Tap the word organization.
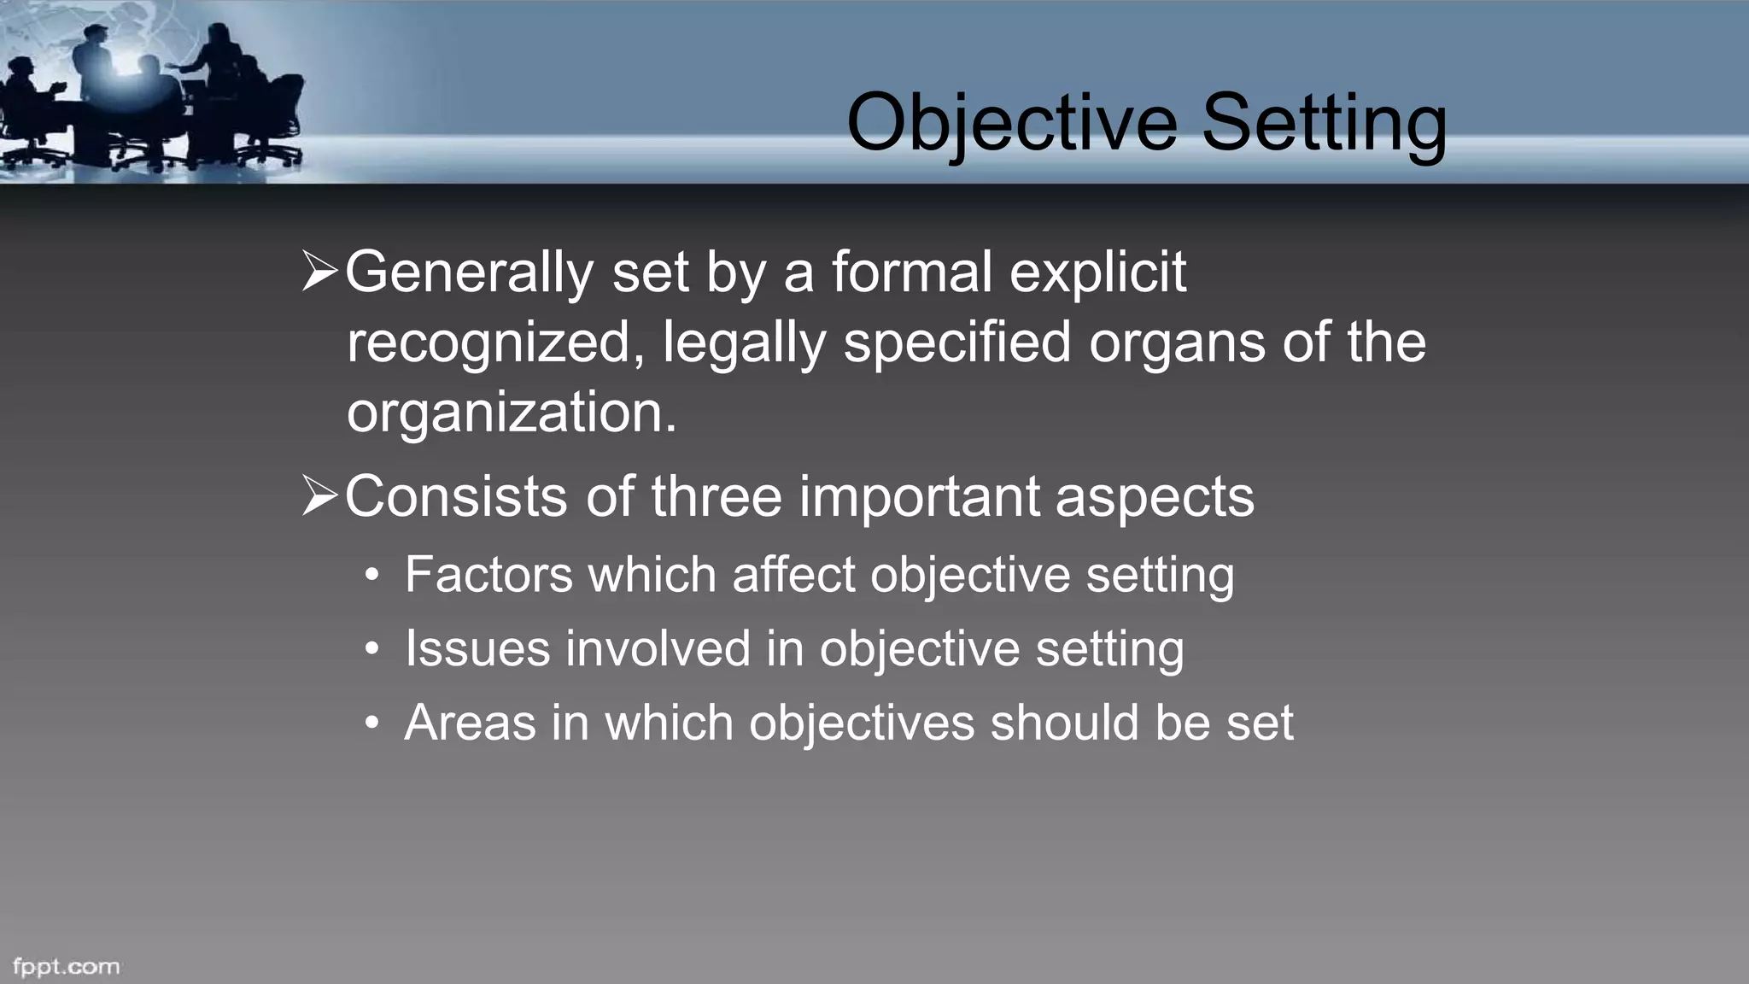click(511, 413)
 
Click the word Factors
click(488, 574)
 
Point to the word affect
click(793, 574)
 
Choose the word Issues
click(477, 648)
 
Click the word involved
click(658, 648)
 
